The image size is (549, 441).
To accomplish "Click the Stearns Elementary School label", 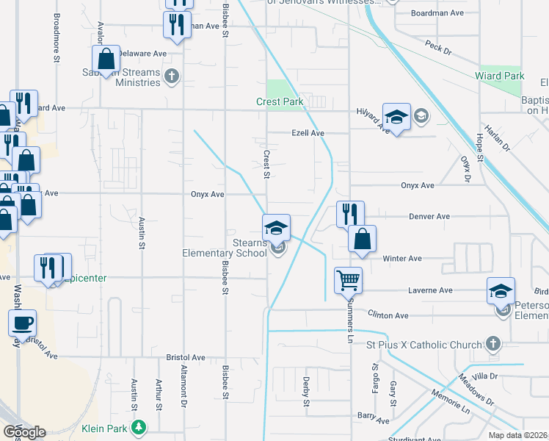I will tap(225, 248).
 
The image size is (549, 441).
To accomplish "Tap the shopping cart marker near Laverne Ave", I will tap(348, 279).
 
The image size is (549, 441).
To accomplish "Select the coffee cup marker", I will tap(22, 322).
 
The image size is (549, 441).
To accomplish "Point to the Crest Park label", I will tap(279, 102).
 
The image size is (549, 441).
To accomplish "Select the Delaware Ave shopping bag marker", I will tap(106, 59).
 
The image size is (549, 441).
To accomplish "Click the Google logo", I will tap(24, 432).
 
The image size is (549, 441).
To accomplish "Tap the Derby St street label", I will tap(307, 392).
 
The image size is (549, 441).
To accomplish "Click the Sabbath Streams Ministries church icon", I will tap(172, 76).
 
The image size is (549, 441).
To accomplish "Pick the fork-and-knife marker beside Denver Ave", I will tap(349, 213).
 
